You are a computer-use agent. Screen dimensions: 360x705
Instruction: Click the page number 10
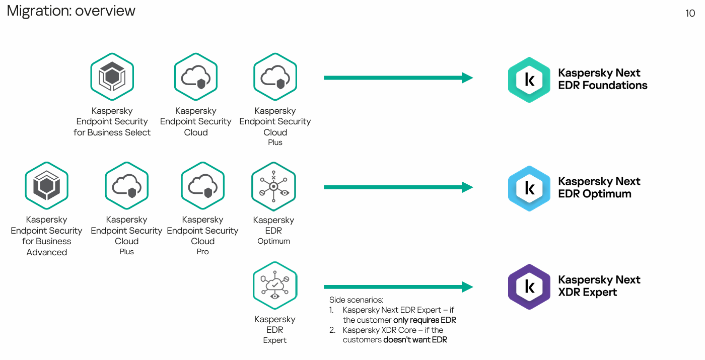click(x=690, y=14)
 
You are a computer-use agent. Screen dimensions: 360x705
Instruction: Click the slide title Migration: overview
click(x=71, y=11)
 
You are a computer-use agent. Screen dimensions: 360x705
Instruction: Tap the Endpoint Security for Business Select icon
click(x=112, y=77)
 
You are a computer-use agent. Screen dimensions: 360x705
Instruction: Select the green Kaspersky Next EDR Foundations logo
click(x=529, y=80)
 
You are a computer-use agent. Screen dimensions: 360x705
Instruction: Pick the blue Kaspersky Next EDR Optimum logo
click(x=529, y=188)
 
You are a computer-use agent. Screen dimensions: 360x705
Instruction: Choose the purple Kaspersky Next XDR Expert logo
click(x=529, y=286)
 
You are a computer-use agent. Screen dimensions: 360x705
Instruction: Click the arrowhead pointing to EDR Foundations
click(x=467, y=78)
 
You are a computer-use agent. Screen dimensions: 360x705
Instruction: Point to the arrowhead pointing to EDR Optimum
click(x=467, y=187)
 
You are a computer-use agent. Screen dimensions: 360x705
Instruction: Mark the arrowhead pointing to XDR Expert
click(x=467, y=287)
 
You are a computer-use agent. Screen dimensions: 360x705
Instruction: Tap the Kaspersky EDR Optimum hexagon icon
click(x=273, y=186)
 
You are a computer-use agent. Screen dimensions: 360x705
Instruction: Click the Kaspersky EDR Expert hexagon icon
click(x=275, y=285)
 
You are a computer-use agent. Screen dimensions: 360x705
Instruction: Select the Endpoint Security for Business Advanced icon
click(x=46, y=185)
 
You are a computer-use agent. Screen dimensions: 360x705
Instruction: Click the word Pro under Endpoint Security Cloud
click(x=202, y=252)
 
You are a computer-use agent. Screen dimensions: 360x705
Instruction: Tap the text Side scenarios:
click(x=356, y=300)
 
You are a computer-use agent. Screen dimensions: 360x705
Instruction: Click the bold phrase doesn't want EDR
click(x=415, y=340)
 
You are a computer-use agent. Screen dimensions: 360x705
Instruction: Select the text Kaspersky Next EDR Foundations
click(x=602, y=79)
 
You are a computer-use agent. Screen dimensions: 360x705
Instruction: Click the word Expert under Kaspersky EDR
click(x=275, y=340)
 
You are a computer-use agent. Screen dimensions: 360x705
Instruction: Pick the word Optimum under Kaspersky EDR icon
click(x=273, y=241)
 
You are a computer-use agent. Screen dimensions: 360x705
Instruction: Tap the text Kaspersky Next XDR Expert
click(x=599, y=286)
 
